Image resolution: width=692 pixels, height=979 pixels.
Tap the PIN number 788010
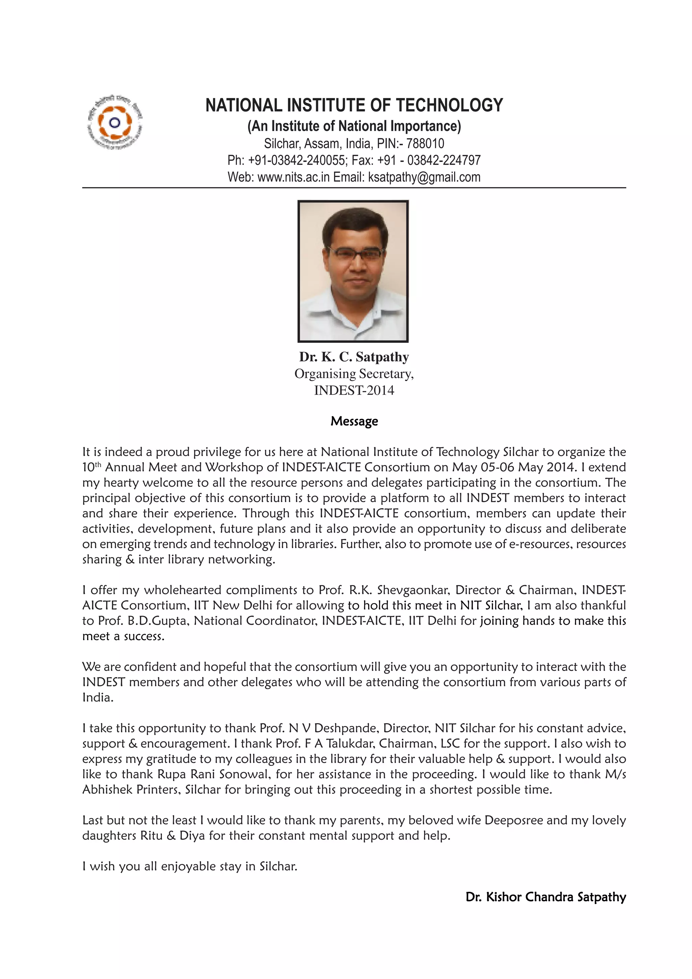[425, 143]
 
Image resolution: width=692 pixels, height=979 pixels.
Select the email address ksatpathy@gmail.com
[424, 177]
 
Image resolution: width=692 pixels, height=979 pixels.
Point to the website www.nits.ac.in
[293, 177]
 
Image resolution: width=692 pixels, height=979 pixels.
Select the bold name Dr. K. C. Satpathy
[354, 356]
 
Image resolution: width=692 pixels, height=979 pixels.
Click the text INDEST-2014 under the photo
[354, 390]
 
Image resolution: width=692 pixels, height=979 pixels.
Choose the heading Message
[354, 421]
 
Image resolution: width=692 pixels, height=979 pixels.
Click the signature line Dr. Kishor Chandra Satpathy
[545, 897]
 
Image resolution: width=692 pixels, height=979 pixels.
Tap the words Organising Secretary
[354, 374]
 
